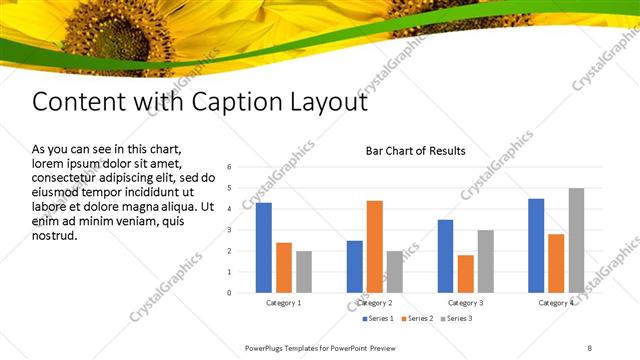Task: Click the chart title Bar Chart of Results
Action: [x=415, y=151]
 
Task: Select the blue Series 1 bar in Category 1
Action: [x=264, y=247]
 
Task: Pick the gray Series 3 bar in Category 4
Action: [x=576, y=240]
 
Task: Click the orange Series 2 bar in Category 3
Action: [x=465, y=274]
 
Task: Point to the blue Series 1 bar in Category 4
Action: [x=536, y=245]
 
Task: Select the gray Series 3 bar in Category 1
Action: [x=304, y=272]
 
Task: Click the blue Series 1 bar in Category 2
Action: [x=355, y=266]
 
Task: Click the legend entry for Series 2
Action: [x=416, y=318]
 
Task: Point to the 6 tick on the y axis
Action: [x=229, y=167]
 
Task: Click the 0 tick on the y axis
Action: [x=229, y=293]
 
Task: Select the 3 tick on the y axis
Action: [x=229, y=230]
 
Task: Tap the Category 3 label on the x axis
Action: [x=465, y=302]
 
